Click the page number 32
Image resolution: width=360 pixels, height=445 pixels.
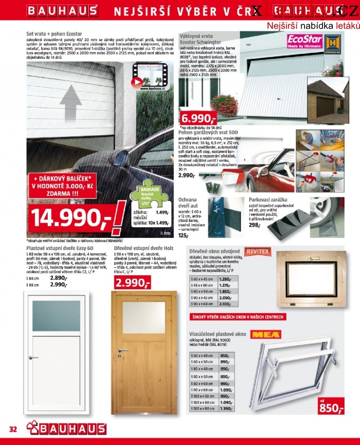(13, 429)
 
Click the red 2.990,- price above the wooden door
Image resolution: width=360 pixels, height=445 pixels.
(132, 283)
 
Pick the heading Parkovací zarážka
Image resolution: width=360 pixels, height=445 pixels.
(268, 200)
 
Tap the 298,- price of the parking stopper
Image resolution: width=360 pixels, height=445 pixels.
(255, 225)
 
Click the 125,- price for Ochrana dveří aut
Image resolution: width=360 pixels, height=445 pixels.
(184, 235)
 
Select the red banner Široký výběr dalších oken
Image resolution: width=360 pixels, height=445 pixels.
(237, 317)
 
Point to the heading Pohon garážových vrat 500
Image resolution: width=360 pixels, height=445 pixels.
(208, 132)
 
